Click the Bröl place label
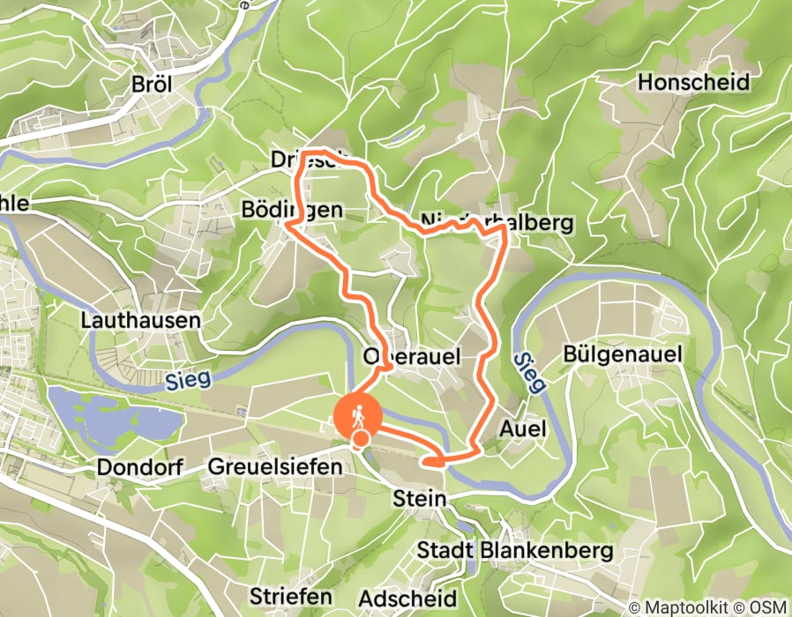tap(152, 85)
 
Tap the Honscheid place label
tap(692, 83)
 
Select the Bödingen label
tap(291, 210)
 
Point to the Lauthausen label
tap(141, 320)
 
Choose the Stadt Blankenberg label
tap(514, 551)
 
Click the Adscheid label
tap(408, 597)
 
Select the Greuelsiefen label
tap(274, 466)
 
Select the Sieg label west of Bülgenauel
tap(527, 371)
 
